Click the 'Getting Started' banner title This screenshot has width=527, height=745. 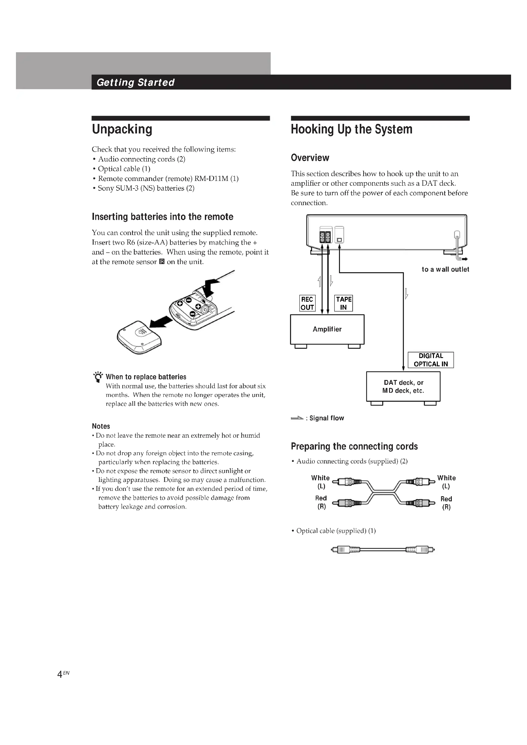coord(135,82)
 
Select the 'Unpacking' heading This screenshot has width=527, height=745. coord(122,129)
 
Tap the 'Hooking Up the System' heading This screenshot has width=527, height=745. coord(351,129)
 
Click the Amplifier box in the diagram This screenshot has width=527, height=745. coord(327,329)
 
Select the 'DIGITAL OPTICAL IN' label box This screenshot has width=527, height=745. coord(431,360)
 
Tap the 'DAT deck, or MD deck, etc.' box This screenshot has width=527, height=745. coord(403,386)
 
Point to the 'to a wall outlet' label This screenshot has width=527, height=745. coord(445,269)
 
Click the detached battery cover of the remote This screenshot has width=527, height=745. coord(139,337)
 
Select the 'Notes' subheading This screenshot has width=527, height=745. coord(101,426)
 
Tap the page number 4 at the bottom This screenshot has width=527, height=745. coord(60,675)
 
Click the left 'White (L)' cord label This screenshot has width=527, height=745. coord(320,482)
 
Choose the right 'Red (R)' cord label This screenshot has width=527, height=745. coord(446,503)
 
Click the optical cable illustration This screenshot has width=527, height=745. coord(383,550)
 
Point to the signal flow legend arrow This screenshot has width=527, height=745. coord(297,418)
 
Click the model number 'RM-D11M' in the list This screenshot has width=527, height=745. coord(211,178)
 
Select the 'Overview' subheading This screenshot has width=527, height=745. coord(310,158)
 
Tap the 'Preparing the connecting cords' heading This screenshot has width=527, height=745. coord(354,446)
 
